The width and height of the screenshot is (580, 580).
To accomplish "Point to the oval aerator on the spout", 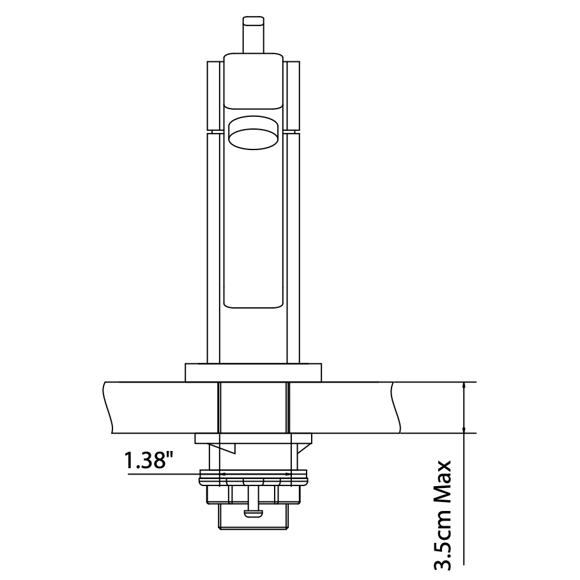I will pos(254,134).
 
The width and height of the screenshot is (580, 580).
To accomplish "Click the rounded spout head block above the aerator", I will pos(254,81).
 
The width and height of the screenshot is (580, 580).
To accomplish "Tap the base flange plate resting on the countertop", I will pos(254,372).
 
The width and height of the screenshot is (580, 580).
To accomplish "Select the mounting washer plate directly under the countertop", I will pos(254,439).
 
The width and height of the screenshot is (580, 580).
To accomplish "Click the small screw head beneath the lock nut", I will pos(254,511).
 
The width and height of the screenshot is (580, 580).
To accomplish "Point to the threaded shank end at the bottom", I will pos(254,516).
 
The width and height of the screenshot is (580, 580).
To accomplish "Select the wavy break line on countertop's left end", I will pos(109,407).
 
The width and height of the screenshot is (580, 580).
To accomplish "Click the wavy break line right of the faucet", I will pos(396,407).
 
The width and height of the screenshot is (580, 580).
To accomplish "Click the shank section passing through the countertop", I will pos(254,408).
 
